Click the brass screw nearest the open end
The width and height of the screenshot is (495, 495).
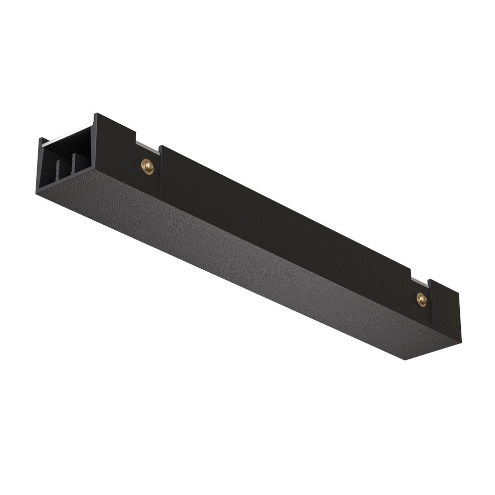147,166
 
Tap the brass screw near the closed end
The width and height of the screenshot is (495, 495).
421,299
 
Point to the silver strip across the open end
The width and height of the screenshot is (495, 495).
67,135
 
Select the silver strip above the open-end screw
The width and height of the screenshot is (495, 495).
148,147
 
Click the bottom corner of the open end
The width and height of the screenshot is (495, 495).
38,194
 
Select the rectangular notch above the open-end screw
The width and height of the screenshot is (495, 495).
148,141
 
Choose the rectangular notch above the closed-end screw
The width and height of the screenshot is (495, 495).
419,277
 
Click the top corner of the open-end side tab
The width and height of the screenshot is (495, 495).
96,115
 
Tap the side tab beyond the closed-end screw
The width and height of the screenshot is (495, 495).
445,312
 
